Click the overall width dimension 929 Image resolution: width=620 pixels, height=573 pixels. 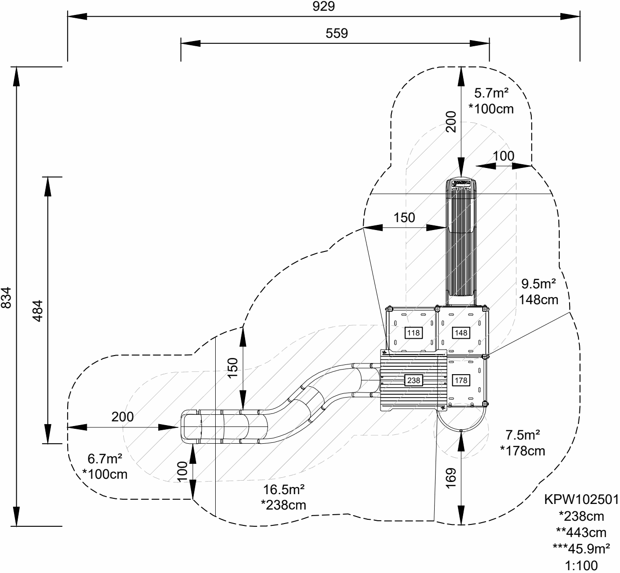(x=324, y=7)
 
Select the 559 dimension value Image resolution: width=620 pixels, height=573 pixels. (x=337, y=33)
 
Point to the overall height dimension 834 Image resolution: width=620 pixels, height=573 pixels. (x=7, y=297)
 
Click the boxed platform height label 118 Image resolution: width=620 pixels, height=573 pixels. (x=413, y=333)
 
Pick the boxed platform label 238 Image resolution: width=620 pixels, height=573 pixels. (x=414, y=380)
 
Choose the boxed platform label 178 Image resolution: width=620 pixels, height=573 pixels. (x=461, y=380)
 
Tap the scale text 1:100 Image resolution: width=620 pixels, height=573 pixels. (x=581, y=566)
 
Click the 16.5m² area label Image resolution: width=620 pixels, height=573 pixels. (x=284, y=489)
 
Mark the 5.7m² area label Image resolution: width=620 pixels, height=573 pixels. (x=491, y=93)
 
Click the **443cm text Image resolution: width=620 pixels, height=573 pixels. (x=581, y=532)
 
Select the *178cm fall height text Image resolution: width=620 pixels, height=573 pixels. (x=522, y=451)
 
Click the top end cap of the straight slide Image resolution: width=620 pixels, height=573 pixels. (x=461, y=183)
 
